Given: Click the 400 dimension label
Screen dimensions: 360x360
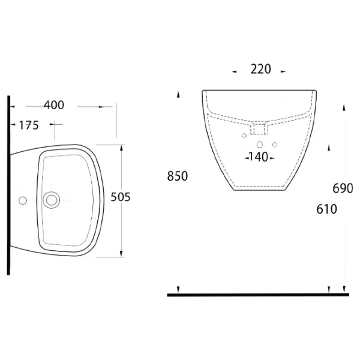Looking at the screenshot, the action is point(54,106).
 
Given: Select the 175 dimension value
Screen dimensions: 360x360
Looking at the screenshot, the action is point(29,125).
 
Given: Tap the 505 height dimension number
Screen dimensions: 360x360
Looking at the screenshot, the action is point(121,197).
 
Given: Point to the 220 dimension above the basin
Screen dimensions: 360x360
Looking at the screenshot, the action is point(260,69).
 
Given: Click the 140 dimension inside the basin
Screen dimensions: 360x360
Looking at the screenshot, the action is point(258,157).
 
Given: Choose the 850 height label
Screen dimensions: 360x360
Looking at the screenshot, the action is point(178,176).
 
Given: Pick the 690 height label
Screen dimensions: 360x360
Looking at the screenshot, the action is point(343,189).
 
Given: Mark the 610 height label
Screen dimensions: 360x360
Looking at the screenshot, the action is point(326,209).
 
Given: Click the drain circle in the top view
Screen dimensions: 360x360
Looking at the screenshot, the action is point(52,200).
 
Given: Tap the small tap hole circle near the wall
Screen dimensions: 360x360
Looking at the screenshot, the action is point(23,200).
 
